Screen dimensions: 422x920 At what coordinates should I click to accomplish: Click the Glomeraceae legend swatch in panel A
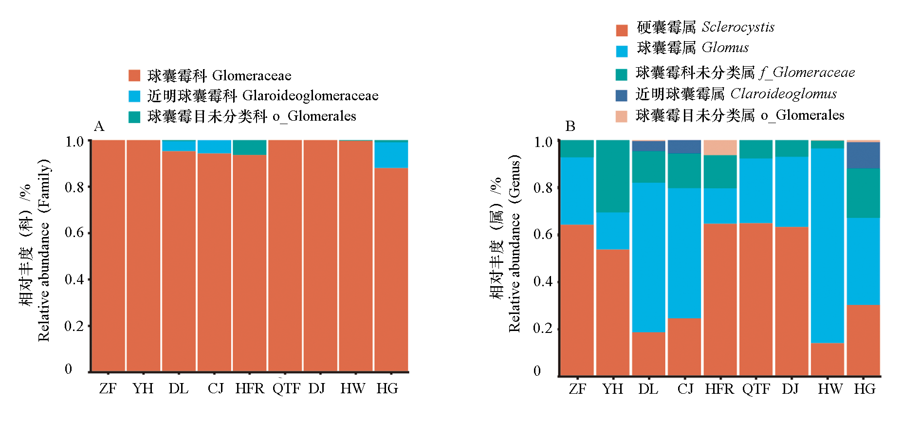tap(134, 75)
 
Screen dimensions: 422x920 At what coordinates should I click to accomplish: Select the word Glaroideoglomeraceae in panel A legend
tap(310, 96)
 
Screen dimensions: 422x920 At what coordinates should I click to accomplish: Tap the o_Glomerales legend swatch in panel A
tap(134, 117)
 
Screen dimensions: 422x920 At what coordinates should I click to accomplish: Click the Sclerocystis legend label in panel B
tap(737, 27)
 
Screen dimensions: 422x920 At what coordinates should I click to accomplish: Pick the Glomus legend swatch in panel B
tap(622, 51)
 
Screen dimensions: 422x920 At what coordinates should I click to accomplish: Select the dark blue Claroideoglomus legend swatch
tap(622, 95)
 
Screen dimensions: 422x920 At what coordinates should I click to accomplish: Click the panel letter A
tap(99, 127)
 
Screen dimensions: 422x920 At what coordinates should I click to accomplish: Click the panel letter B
tap(570, 127)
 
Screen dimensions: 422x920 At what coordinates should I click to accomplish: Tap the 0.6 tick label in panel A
tap(74, 233)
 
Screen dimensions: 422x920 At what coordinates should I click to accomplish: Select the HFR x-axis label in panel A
tap(250, 388)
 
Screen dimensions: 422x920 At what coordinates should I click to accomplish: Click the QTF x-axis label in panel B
tap(756, 389)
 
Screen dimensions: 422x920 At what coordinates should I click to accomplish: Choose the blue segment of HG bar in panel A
tap(391, 155)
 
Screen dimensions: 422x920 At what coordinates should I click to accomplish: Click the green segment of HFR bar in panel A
tap(250, 147)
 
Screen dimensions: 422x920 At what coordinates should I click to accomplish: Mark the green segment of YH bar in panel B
tap(613, 176)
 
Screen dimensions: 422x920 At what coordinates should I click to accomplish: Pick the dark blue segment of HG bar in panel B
tap(864, 155)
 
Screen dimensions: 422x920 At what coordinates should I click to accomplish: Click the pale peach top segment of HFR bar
tap(720, 147)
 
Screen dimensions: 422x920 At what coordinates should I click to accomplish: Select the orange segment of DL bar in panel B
tap(648, 354)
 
